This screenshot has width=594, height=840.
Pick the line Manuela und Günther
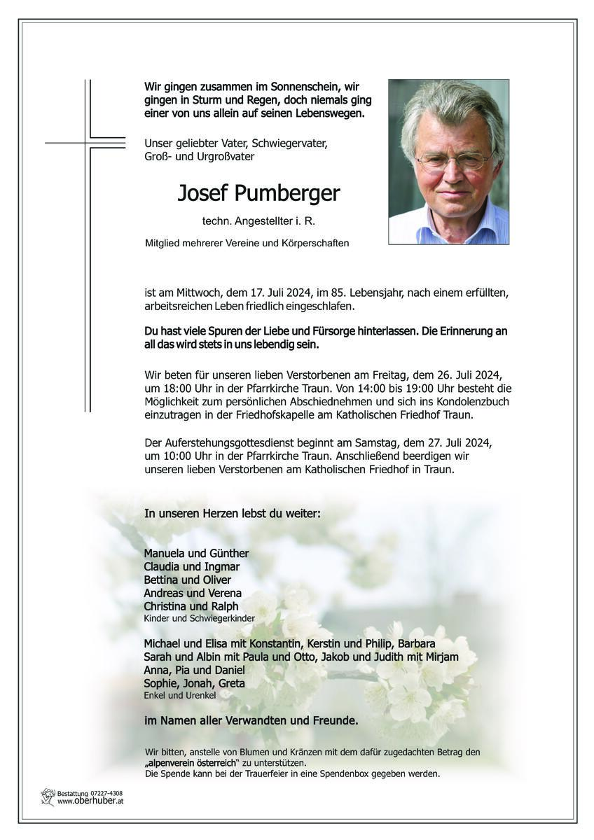coord(196,553)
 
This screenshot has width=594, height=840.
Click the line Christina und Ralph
coord(191,606)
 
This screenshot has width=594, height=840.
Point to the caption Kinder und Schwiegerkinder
coord(199,619)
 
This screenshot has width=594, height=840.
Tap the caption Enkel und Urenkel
coord(179,695)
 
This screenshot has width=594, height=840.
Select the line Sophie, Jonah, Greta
coord(194,683)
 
